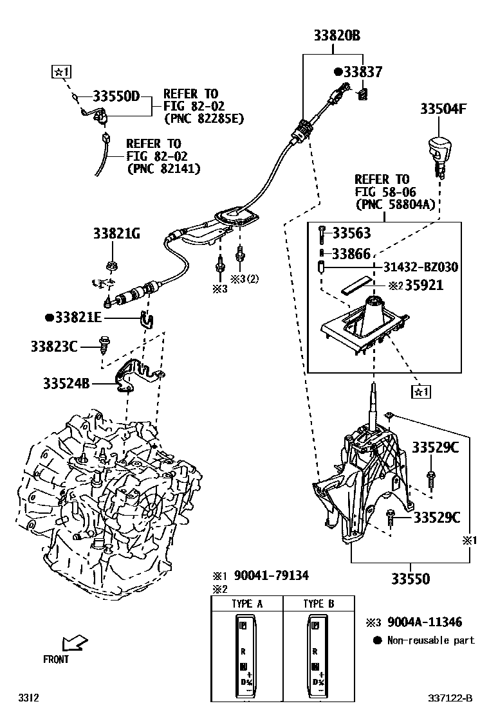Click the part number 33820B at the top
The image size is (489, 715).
[x=337, y=37]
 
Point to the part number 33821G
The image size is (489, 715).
[x=116, y=234]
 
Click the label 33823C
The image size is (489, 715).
[x=54, y=347]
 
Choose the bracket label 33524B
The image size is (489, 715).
[x=66, y=384]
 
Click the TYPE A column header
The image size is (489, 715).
[x=247, y=604]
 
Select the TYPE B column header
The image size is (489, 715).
[x=318, y=604]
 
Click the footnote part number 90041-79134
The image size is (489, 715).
[x=271, y=575]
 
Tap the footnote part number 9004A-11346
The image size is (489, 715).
[x=423, y=622]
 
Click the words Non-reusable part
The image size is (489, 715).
[x=430, y=640]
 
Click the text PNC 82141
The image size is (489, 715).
[x=163, y=168]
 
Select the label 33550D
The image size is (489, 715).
[x=116, y=96]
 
